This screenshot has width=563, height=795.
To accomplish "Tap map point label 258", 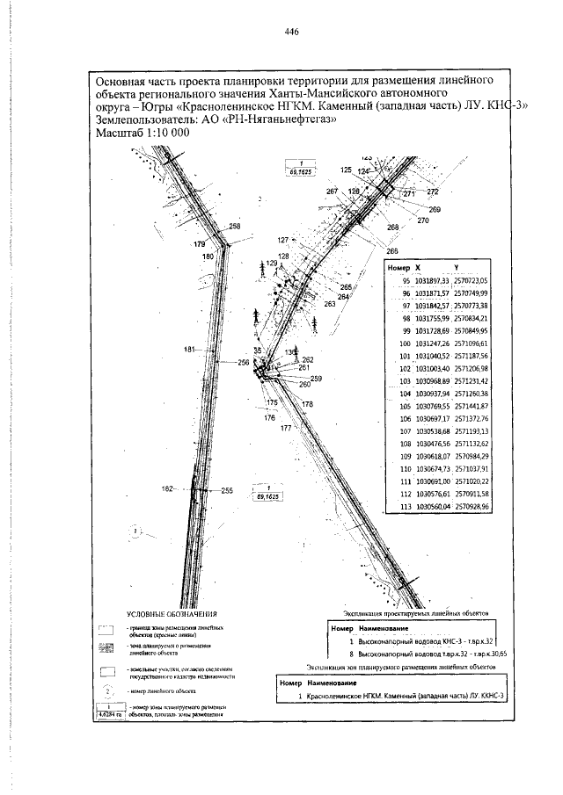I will click(x=234, y=227).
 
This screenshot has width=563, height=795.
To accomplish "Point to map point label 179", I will click(x=199, y=243).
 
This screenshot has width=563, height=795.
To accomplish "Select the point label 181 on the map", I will click(x=189, y=351).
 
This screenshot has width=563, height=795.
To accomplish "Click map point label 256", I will click(x=244, y=362).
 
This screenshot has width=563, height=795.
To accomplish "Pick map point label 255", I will click(x=226, y=491).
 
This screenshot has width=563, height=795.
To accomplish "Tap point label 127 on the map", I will click(x=283, y=240).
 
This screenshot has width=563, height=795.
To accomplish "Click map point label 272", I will click(x=432, y=191).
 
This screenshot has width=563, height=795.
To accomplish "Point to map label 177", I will click(x=286, y=428).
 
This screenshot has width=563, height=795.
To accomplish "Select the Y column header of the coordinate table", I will click(x=456, y=266).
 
